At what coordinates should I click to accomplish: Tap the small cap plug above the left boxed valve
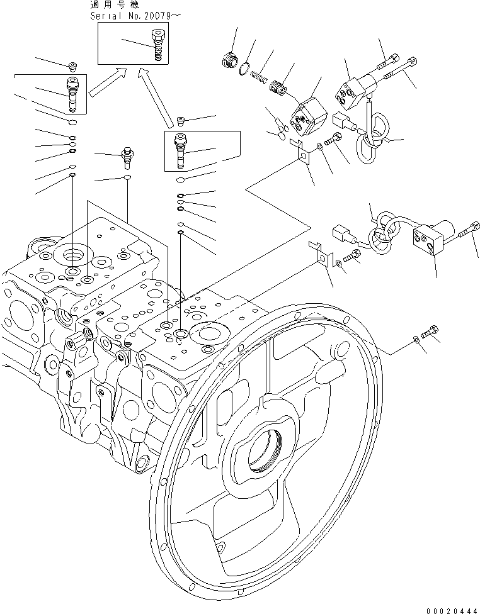[x=73, y=66]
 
